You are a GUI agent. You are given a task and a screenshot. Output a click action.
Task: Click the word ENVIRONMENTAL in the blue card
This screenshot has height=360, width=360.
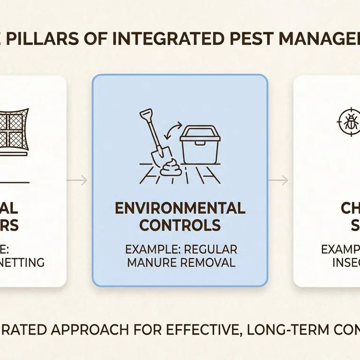tap(179, 208)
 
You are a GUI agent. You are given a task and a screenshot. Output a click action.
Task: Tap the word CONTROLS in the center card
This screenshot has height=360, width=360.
tap(179, 225)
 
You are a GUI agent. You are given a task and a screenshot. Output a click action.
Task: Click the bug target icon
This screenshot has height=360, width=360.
tap(348, 124)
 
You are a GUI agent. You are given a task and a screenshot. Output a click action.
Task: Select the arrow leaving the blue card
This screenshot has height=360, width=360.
tap(279, 181)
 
